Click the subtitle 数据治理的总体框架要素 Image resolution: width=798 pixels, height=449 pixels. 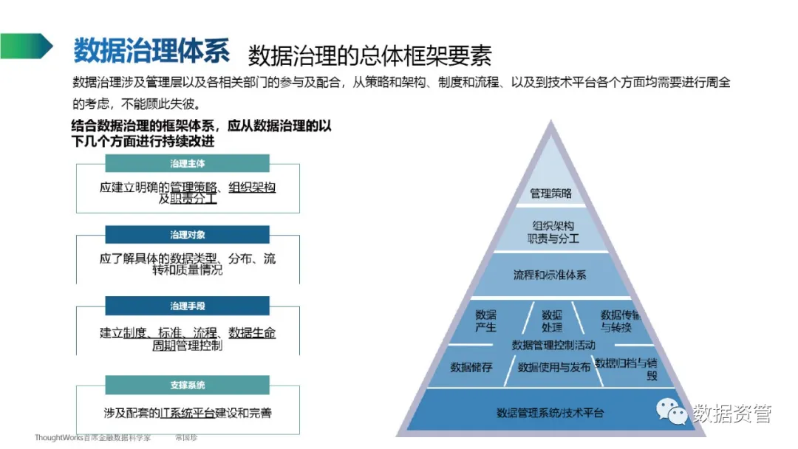(x=369, y=55)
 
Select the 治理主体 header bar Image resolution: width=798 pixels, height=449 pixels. (x=187, y=163)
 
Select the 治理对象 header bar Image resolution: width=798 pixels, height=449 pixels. (x=187, y=235)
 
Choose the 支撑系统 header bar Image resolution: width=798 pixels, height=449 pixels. (x=187, y=385)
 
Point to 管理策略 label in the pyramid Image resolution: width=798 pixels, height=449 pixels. (x=551, y=193)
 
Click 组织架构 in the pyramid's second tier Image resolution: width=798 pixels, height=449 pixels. (x=553, y=226)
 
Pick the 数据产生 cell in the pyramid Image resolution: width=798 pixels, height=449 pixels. (x=485, y=321)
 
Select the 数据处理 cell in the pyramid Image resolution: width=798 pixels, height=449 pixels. (x=551, y=321)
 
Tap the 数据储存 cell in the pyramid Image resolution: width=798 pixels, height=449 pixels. (x=471, y=367)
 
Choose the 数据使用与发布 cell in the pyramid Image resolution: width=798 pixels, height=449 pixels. (x=553, y=367)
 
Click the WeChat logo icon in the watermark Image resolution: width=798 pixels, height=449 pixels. (x=672, y=411)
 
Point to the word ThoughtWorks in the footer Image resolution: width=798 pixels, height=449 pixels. (x=58, y=438)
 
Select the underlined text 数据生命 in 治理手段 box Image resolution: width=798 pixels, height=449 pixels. (x=252, y=333)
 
